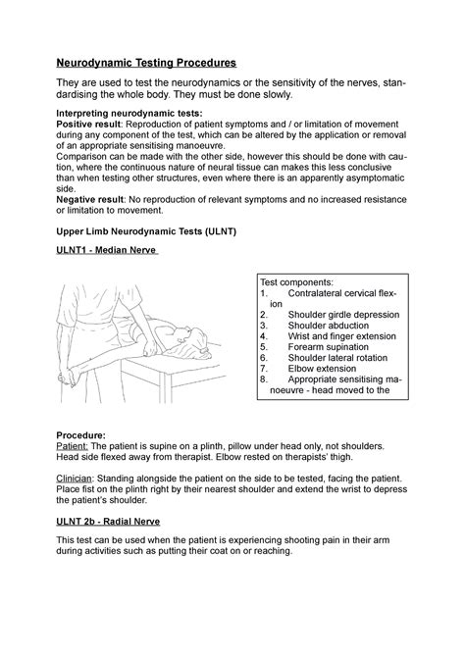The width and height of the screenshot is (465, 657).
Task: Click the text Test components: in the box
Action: [300, 281]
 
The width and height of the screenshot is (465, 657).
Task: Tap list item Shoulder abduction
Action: [333, 325]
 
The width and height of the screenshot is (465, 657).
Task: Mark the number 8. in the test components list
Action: [264, 379]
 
